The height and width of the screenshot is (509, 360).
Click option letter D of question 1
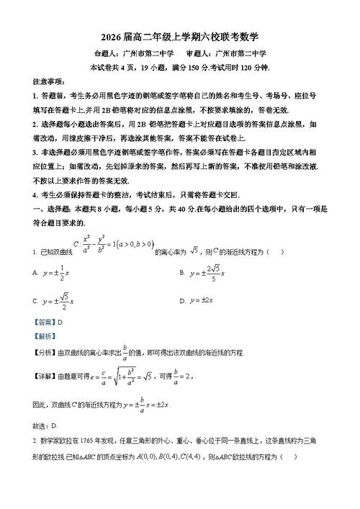click(181, 300)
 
